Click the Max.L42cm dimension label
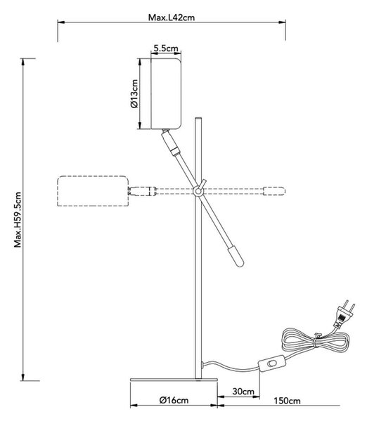pos(172,18)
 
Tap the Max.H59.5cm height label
pos(18,220)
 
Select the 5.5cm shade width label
pos(166,48)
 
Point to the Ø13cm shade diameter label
pos(134,94)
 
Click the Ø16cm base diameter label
pos(174,401)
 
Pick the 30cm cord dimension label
pos(243,392)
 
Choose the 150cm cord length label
pos(287,401)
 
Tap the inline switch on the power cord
pos(272,363)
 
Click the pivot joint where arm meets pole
pos(198,192)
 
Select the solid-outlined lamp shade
pos(166,94)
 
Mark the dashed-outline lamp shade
pos(93,191)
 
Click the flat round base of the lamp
pos(174,380)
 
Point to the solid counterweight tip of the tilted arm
pos(236,257)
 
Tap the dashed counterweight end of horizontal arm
pos(274,191)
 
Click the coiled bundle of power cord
pos(315,340)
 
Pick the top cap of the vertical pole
pos(198,118)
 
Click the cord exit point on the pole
pos(202,365)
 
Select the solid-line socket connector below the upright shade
pos(170,143)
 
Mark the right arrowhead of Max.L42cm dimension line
pos(282,22)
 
